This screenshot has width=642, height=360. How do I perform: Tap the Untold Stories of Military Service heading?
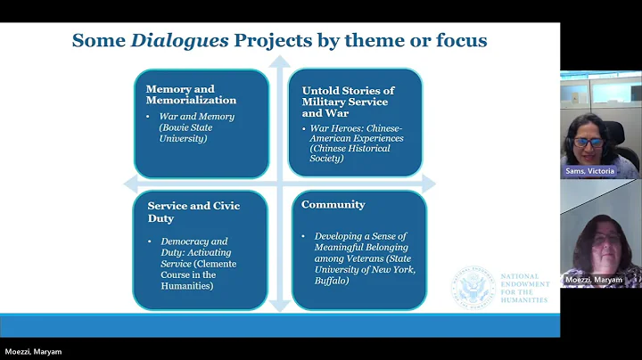pos(348,96)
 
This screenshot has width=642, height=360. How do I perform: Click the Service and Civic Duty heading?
pos(193,211)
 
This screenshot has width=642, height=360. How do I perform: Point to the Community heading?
pos(333,205)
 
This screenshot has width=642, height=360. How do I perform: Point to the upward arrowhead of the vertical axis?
pos(280,62)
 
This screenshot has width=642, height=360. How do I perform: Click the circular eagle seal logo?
pos(473,288)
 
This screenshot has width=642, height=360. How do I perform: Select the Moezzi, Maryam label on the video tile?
pos(594,280)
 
